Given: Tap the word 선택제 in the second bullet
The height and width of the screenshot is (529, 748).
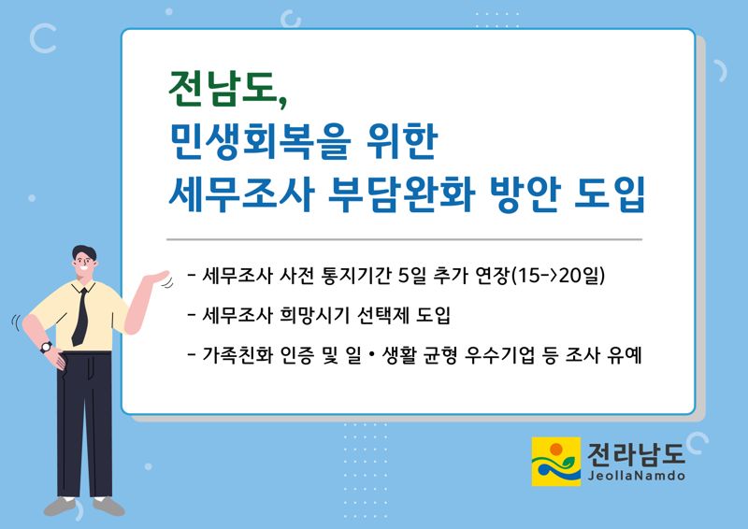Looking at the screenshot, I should tap(383, 315).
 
